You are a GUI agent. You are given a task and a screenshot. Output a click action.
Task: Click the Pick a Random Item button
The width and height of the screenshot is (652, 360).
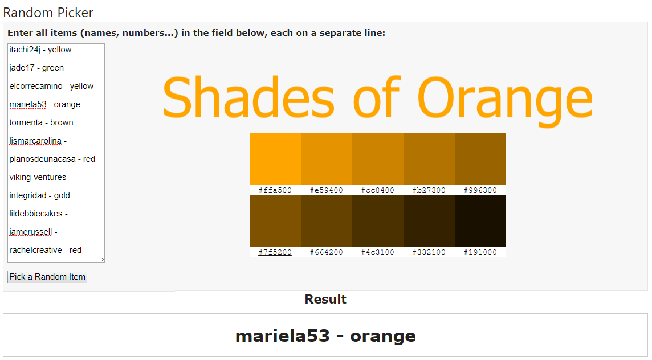click(47, 277)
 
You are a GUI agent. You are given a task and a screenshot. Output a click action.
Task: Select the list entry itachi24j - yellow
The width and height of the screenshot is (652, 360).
click(40, 50)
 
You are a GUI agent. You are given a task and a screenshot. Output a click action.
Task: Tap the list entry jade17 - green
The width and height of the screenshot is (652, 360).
click(36, 68)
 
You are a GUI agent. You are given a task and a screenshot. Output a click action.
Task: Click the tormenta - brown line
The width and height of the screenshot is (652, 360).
click(41, 122)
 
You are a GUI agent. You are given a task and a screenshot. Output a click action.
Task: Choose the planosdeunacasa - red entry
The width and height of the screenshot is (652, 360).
click(52, 159)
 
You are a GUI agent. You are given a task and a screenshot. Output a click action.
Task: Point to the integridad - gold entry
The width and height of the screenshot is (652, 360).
click(39, 195)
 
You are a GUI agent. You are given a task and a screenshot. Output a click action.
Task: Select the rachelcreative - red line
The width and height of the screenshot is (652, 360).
click(46, 250)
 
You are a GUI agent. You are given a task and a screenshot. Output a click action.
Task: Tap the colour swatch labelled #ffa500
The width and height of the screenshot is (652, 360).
click(275, 159)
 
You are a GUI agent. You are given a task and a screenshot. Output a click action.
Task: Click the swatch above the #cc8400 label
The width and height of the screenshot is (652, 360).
click(377, 159)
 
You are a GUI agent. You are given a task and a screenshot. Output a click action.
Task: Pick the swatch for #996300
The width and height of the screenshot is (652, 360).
click(480, 159)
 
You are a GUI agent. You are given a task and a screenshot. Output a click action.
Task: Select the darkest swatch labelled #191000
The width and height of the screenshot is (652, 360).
click(480, 221)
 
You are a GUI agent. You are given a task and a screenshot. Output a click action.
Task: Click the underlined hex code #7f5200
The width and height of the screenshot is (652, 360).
click(275, 252)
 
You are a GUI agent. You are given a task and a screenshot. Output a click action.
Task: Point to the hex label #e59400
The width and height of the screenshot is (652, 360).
click(327, 190)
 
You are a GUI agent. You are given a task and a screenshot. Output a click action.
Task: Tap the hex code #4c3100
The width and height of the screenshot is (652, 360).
click(377, 252)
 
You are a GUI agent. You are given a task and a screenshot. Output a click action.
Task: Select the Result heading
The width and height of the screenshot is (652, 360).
click(325, 299)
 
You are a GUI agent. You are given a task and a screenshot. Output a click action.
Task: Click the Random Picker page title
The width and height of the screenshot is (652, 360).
click(48, 13)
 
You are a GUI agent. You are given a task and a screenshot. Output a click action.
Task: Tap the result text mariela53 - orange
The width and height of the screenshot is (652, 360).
click(325, 336)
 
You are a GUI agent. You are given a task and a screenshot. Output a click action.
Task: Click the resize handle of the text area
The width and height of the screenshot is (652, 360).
click(101, 259)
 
